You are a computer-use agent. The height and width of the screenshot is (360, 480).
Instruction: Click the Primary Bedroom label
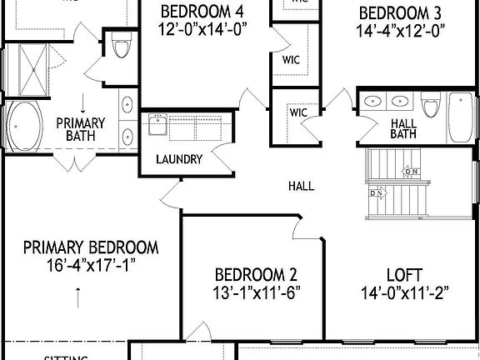pyautogui.click(x=91, y=247)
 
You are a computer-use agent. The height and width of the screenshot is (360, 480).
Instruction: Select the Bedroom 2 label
pyautogui.click(x=257, y=274)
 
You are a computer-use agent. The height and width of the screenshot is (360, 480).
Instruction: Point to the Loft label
pyautogui.click(x=403, y=274)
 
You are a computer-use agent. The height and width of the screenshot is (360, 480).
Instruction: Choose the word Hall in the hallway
pyautogui.click(x=301, y=186)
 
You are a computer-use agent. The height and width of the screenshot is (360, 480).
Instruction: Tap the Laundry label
pyautogui.click(x=178, y=159)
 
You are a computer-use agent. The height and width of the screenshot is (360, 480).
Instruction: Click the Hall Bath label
pyautogui.click(x=403, y=128)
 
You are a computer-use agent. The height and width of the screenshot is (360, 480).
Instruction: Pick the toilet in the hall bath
pyautogui.click(x=430, y=108)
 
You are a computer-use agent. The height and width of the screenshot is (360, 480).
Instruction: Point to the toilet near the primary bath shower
pyautogui.click(x=121, y=47)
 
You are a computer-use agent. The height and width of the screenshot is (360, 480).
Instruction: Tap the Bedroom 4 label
pyautogui.click(x=203, y=12)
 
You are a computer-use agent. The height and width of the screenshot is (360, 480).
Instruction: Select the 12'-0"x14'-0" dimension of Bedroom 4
pyautogui.click(x=203, y=29)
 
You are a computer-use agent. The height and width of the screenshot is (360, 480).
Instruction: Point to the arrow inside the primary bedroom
pyautogui.click(x=79, y=295)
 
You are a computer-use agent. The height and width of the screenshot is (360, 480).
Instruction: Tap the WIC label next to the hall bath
pyautogui.click(x=297, y=112)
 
